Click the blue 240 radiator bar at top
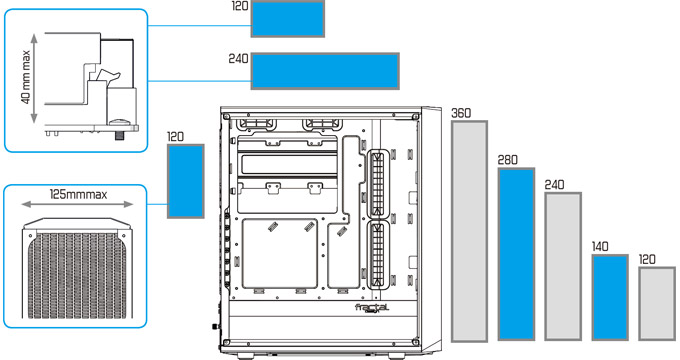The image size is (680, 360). click(325, 71)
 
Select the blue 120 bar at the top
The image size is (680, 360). click(288, 19)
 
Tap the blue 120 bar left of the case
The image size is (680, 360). click(186, 181)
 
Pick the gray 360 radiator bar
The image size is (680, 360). click(469, 231)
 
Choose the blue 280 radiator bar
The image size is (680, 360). click(516, 254)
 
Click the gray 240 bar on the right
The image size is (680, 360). click(563, 266)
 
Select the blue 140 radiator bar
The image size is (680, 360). click(610, 298)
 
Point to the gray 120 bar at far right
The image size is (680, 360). click(657, 304)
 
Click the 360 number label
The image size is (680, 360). click(461, 113)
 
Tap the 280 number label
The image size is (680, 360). click(507, 160)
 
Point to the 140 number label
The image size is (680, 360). click(600, 247)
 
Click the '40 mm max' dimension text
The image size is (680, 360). click(26, 77)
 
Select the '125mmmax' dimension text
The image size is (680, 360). click(78, 194)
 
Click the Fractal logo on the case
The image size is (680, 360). click(372, 308)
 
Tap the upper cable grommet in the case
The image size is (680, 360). click(378, 184)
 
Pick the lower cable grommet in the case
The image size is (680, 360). click(378, 255)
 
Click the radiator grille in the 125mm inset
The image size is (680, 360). click(77, 276)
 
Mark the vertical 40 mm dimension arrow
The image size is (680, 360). click(35, 78)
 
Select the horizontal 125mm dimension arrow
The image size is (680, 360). click(77, 204)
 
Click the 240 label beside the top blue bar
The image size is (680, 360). click(239, 59)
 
